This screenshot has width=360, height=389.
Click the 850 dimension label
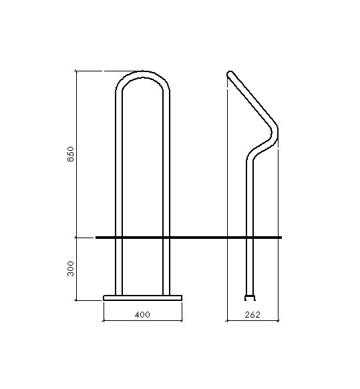point(71,154)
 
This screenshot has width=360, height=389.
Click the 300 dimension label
point(71,269)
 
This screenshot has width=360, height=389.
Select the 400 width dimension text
point(142,314)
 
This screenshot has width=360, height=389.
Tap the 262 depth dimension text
point(252,314)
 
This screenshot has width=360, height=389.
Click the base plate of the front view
point(142,298)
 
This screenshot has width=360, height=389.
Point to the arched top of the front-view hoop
point(143,74)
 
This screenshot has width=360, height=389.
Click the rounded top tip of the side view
point(230,73)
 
